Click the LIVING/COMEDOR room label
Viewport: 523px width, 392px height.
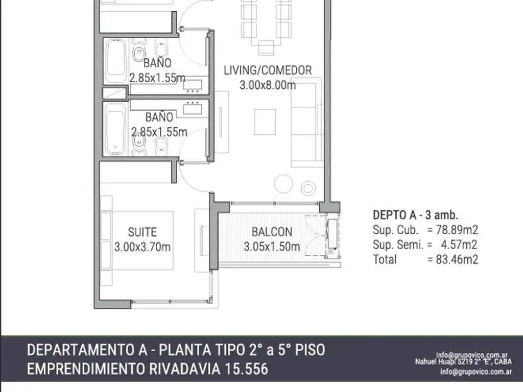[268, 70]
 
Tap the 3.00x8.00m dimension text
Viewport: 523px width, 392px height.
[268, 85]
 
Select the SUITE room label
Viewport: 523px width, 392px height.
[142, 232]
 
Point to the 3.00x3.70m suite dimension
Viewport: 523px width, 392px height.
[142, 247]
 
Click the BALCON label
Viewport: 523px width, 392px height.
[272, 232]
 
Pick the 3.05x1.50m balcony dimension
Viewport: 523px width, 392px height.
[272, 247]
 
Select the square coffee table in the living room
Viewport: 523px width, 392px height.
[265, 121]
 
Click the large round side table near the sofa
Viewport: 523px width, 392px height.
[284, 184]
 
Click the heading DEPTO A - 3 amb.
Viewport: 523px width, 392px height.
[416, 214]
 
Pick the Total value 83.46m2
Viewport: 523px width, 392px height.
[453, 259]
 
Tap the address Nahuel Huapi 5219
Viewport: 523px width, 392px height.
[442, 362]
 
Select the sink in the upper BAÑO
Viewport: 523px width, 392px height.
[193, 85]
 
